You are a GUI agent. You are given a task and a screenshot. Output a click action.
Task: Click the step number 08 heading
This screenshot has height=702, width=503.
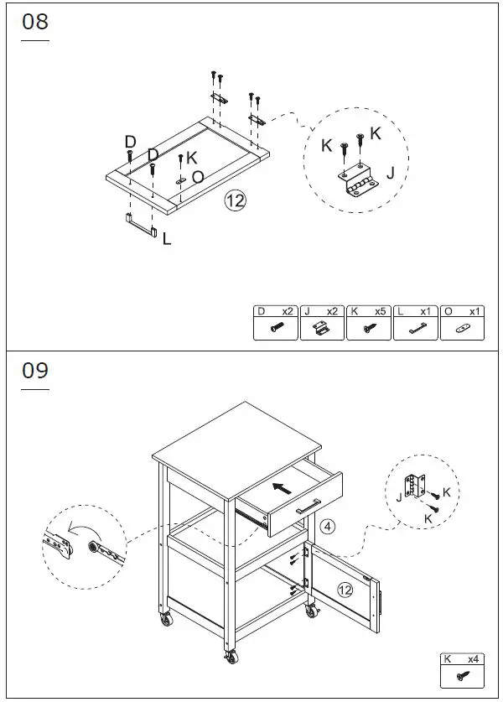pos(35,23)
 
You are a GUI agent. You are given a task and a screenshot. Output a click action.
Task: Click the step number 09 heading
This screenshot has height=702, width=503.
pos(35,371)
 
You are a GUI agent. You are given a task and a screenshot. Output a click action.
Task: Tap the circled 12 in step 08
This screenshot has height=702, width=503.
pos(236,200)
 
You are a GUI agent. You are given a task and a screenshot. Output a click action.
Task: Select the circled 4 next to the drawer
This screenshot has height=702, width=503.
pos(328,527)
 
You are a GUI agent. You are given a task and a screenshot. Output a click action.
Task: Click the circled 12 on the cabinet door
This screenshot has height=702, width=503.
pos(345,590)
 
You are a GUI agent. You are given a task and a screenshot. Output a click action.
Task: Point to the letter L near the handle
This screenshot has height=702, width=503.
pos(167,239)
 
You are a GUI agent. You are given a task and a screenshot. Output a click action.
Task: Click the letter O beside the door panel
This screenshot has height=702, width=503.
pos(198,177)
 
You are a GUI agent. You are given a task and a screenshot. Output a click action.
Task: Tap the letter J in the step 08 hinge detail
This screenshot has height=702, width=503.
pos(390,174)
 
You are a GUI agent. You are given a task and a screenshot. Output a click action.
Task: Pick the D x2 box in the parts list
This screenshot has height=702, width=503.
pos(276,323)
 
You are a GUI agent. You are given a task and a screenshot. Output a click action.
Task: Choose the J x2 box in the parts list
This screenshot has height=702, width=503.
pos(322,323)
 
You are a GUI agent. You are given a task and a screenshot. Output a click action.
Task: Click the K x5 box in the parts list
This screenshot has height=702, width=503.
pos(369,323)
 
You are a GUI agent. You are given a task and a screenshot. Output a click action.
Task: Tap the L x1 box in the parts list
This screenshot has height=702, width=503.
pos(416,323)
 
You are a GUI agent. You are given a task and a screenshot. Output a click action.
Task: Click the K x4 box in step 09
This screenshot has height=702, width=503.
pos(463,669)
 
